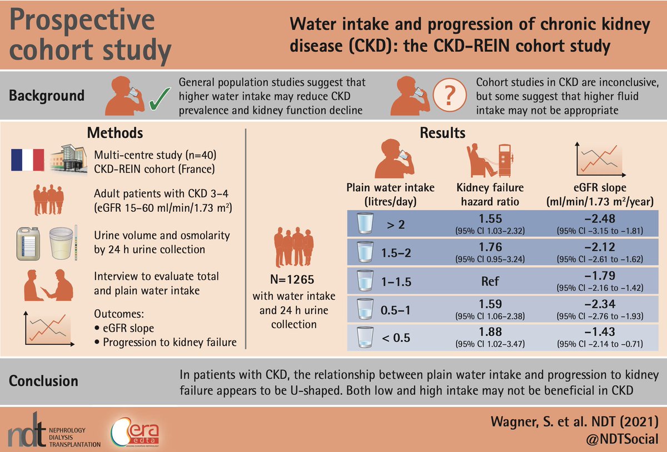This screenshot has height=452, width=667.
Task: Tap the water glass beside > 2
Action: coord(364,223)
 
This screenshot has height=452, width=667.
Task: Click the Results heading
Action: coord(450,133)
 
